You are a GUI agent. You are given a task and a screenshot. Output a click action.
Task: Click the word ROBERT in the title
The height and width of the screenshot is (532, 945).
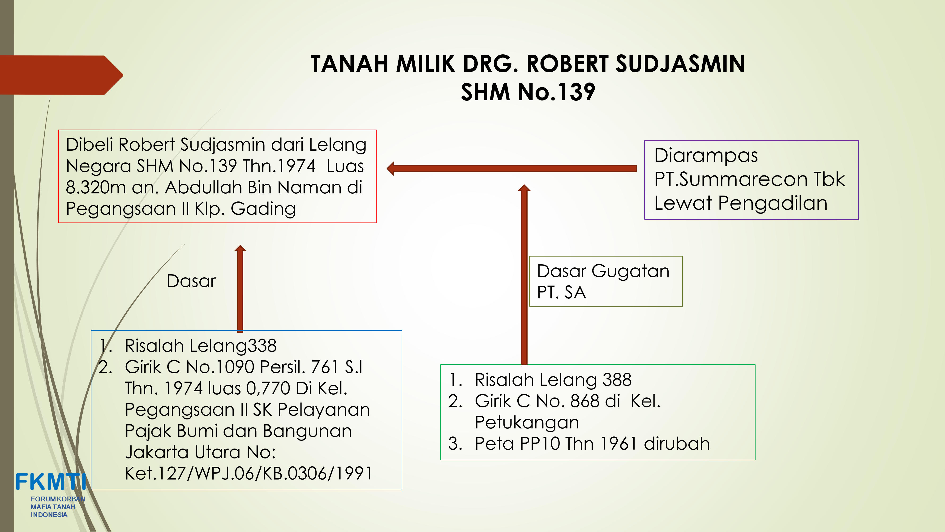pos(567,64)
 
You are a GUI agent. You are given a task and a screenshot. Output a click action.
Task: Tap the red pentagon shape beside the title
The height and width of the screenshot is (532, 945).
pos(62,75)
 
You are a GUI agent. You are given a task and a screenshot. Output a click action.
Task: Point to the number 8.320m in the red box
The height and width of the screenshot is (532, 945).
pos(96,187)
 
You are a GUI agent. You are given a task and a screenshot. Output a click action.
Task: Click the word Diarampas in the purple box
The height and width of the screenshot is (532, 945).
pos(706,156)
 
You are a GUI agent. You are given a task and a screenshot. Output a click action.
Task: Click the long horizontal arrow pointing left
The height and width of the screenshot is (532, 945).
pos(512,169)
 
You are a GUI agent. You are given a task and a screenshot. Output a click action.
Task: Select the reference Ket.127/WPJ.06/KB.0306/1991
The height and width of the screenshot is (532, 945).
pos(248,474)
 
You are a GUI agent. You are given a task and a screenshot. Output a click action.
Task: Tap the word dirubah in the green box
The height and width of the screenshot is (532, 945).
pos(677,444)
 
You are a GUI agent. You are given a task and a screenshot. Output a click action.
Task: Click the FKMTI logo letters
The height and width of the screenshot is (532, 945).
pos(51,481)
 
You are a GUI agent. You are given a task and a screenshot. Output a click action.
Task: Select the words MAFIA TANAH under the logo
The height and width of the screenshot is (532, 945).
pos(53,507)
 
